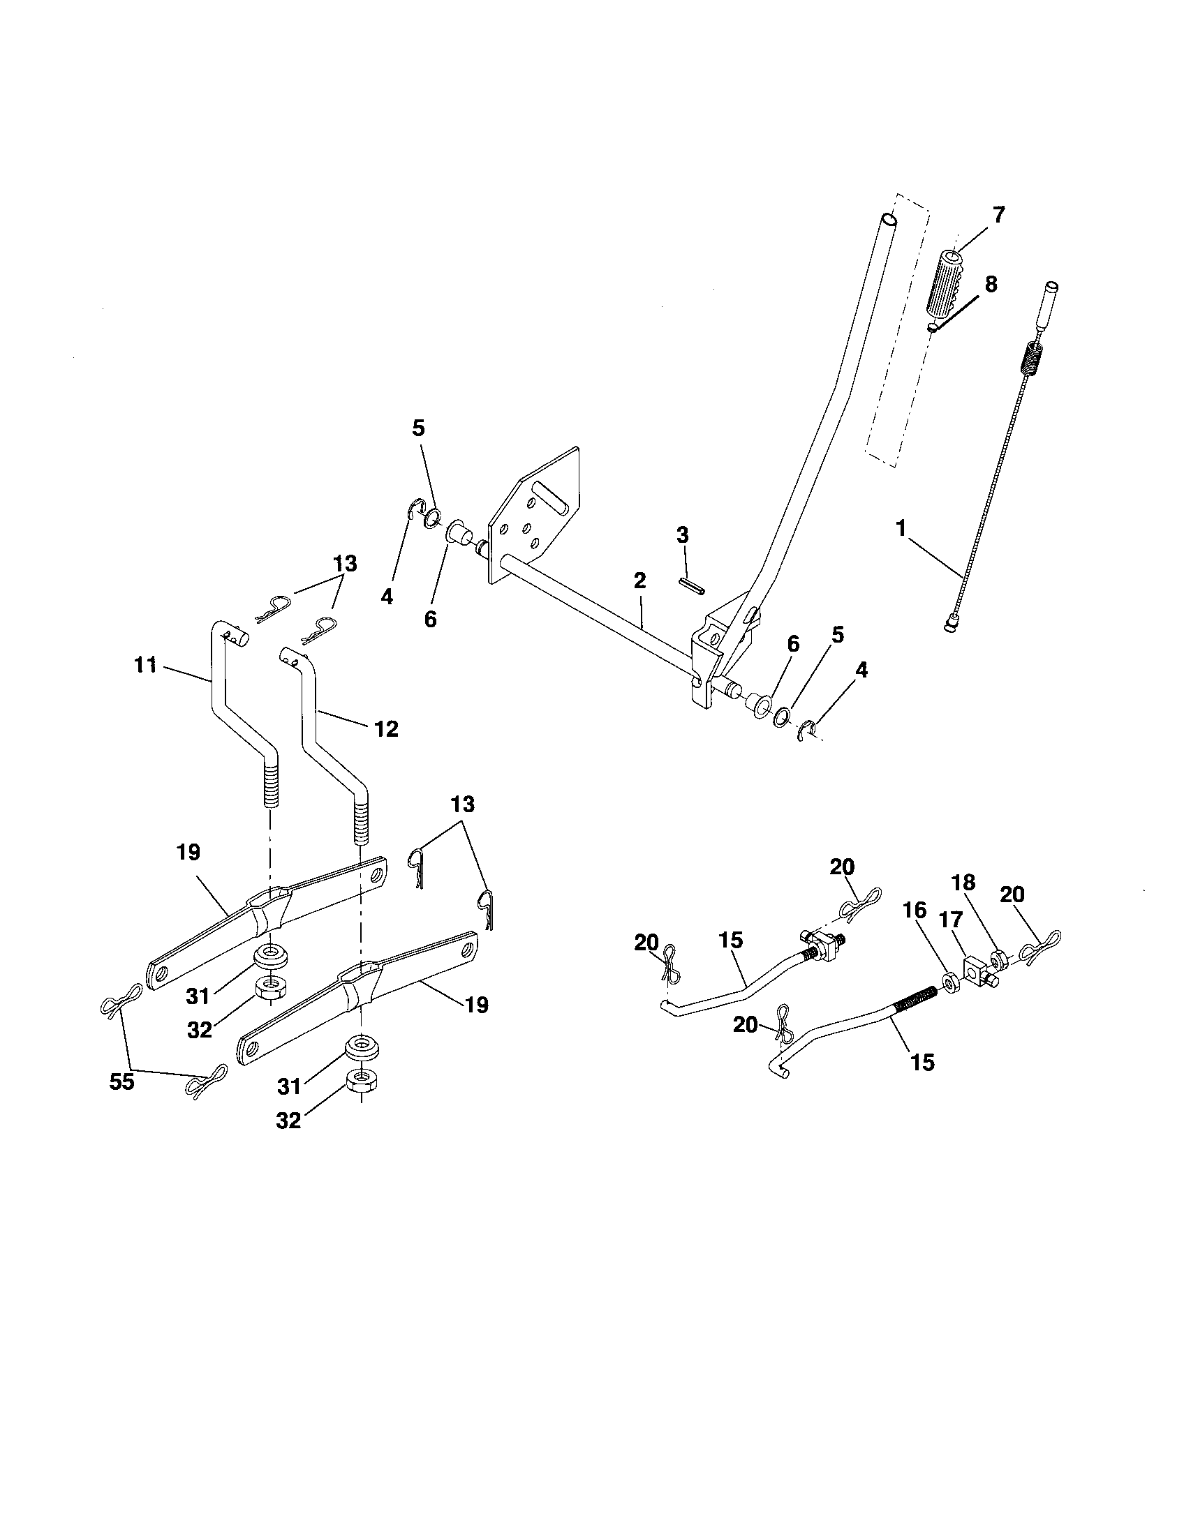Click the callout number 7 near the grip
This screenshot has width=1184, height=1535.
click(998, 214)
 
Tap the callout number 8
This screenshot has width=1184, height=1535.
click(991, 285)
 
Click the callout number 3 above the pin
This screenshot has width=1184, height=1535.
click(682, 536)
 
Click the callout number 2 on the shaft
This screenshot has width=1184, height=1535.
click(639, 581)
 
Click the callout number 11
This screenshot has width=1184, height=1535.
click(145, 664)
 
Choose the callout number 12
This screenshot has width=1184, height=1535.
click(387, 729)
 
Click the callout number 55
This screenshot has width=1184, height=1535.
click(121, 1081)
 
